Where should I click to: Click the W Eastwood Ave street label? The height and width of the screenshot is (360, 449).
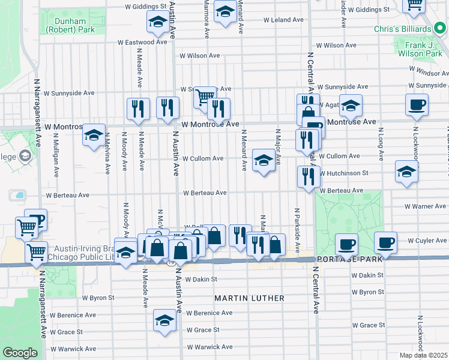click(142, 43)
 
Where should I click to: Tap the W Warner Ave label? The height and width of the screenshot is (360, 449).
click(425, 206)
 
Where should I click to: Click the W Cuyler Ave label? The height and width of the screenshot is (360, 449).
click(427, 241)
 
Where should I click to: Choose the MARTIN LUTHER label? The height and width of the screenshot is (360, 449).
click(250, 298)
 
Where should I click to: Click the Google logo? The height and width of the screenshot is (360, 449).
click(20, 352)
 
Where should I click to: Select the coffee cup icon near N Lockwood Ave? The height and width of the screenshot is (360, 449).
click(416, 105)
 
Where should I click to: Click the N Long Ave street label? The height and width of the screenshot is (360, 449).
click(381, 147)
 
